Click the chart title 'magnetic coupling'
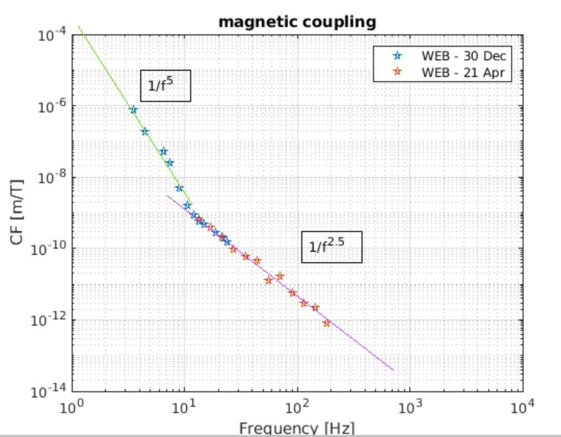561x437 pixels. click(x=297, y=22)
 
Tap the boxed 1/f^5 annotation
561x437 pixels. click(x=166, y=85)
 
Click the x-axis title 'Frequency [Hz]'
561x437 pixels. click(x=297, y=429)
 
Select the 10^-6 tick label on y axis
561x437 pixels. click(x=52, y=107)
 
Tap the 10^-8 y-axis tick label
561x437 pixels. click(x=52, y=178)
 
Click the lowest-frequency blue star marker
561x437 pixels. click(x=133, y=110)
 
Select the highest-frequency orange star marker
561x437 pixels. click(x=326, y=323)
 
